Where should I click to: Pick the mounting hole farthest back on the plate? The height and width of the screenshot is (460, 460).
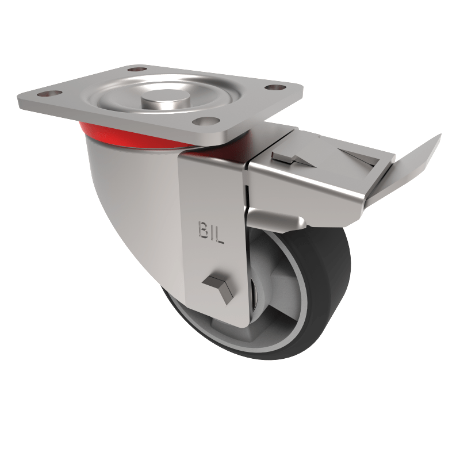[x=134, y=70]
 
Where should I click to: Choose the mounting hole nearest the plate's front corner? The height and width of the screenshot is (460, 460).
[x=206, y=121]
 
